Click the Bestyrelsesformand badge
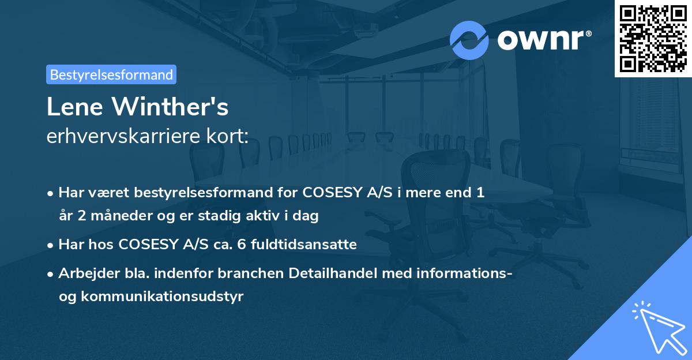(x=111, y=75)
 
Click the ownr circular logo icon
(x=469, y=40)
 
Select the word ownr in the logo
(x=544, y=40)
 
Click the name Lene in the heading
(x=76, y=107)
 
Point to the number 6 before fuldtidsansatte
(x=227, y=245)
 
